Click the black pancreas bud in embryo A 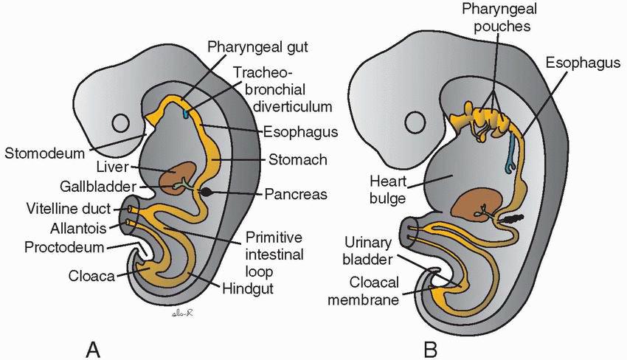click(210, 193)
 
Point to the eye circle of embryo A click(120, 122)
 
